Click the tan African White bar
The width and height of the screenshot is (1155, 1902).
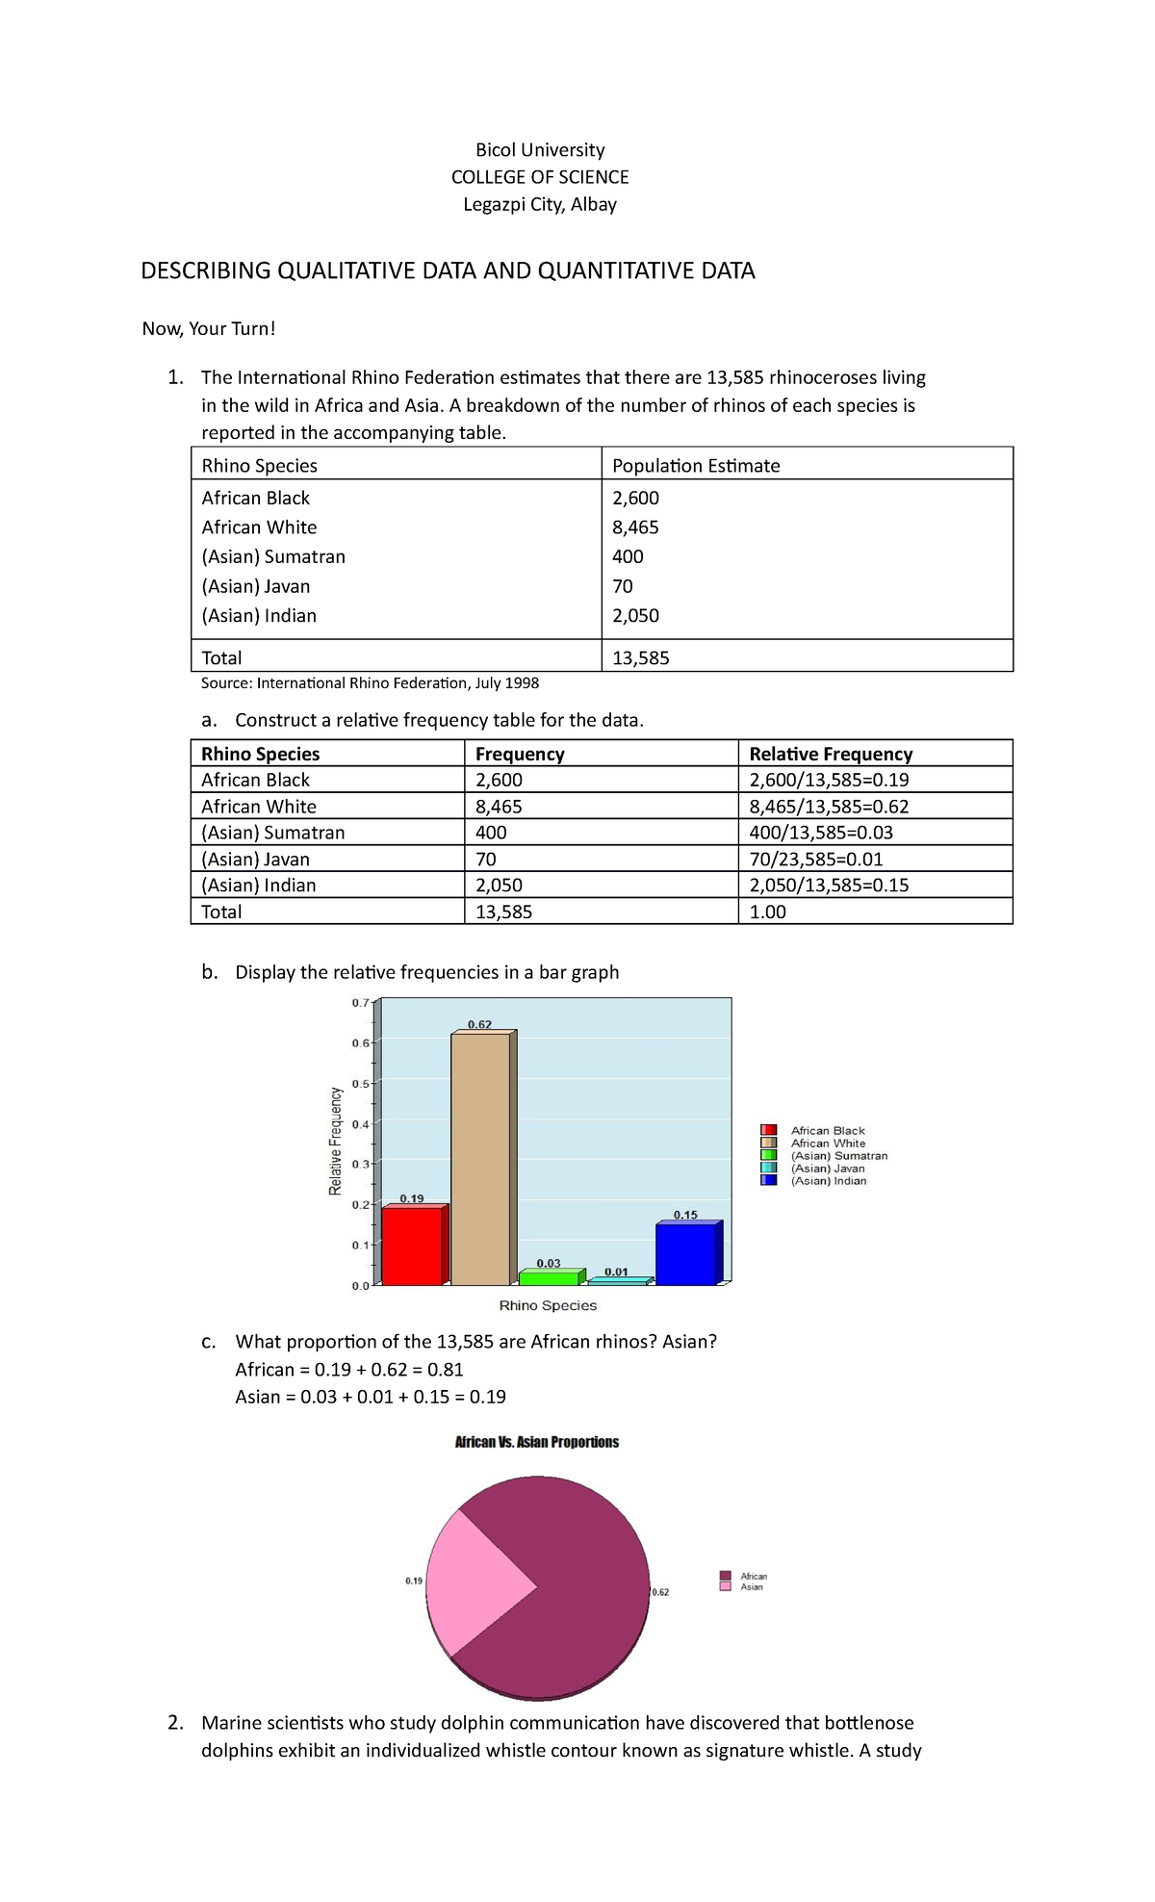tap(480, 1160)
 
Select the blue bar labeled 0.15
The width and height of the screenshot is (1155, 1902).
tap(686, 1254)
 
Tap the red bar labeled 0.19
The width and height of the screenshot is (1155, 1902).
tap(412, 1246)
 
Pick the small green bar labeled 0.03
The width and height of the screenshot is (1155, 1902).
tap(548, 1278)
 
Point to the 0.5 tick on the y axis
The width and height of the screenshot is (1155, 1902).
tap(360, 1083)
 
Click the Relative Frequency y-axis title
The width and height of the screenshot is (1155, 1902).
tap(336, 1141)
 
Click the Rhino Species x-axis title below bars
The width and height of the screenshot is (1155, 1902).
tap(548, 1305)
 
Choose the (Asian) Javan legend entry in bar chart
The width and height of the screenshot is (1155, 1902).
tap(827, 1168)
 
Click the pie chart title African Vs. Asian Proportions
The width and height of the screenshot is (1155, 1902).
tap(536, 1442)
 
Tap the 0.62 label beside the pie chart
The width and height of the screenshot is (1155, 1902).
tap(660, 1592)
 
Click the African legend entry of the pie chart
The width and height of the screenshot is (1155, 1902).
tap(753, 1576)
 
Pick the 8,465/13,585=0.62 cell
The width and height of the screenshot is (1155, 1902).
tap(829, 807)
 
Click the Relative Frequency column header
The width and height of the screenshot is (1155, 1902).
tap(831, 754)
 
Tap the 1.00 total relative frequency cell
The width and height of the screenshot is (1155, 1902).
tap(768, 912)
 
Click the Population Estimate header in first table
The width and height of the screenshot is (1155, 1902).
tap(696, 466)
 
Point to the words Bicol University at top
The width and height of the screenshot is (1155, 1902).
tap(540, 150)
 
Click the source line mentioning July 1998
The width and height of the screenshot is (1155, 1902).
tap(370, 683)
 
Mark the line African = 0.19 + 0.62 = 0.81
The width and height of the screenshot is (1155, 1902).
tap(349, 1369)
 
